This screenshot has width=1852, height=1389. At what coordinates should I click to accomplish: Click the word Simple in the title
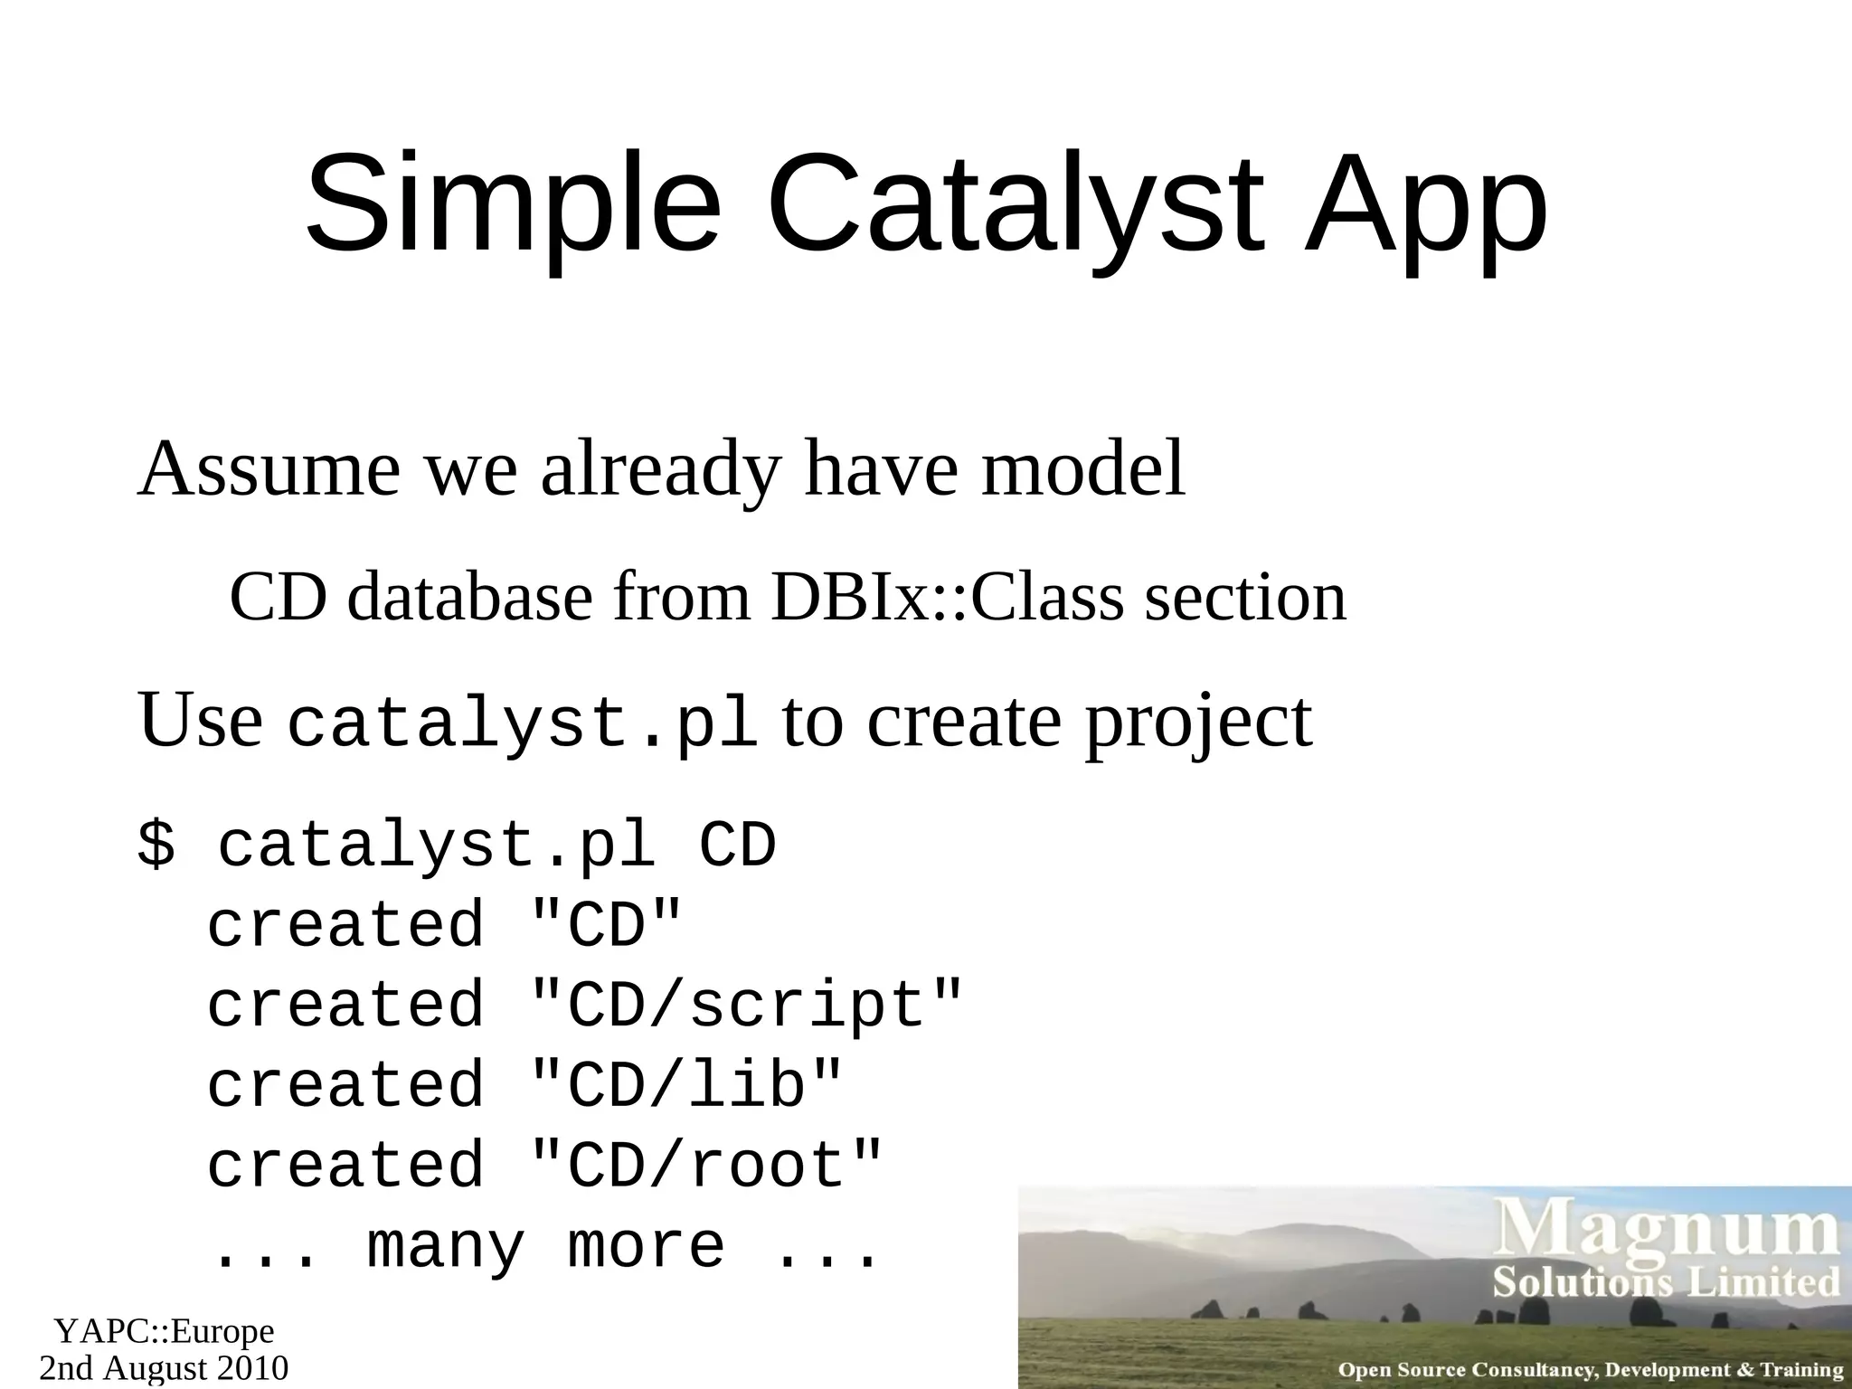pos(513,206)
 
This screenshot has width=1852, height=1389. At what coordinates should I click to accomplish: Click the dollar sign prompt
pos(156,846)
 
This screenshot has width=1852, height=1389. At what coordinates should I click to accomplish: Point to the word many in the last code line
pos(445,1246)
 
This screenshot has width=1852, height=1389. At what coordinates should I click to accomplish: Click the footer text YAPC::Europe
pos(164,1331)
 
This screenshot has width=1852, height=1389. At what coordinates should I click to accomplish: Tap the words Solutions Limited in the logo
pos(1667,1282)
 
